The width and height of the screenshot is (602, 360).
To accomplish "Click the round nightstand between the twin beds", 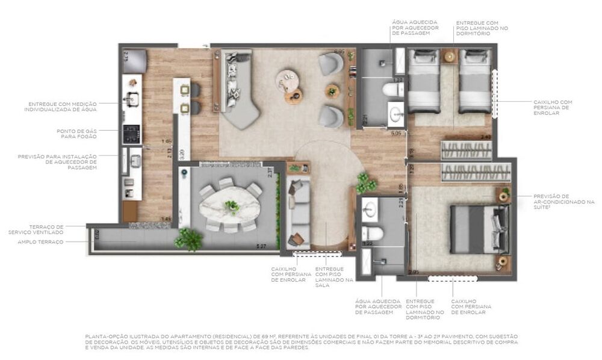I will (450, 56).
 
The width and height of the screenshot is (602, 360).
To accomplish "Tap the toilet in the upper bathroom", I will (393, 90).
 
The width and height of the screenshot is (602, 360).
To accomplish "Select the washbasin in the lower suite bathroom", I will (370, 209).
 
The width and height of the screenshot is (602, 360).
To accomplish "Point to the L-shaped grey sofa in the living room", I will (238, 90).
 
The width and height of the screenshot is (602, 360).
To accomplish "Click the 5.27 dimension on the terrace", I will (261, 246).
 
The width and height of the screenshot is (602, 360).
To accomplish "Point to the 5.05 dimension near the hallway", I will (396, 133).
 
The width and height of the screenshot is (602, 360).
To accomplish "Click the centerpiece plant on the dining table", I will (232, 206).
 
